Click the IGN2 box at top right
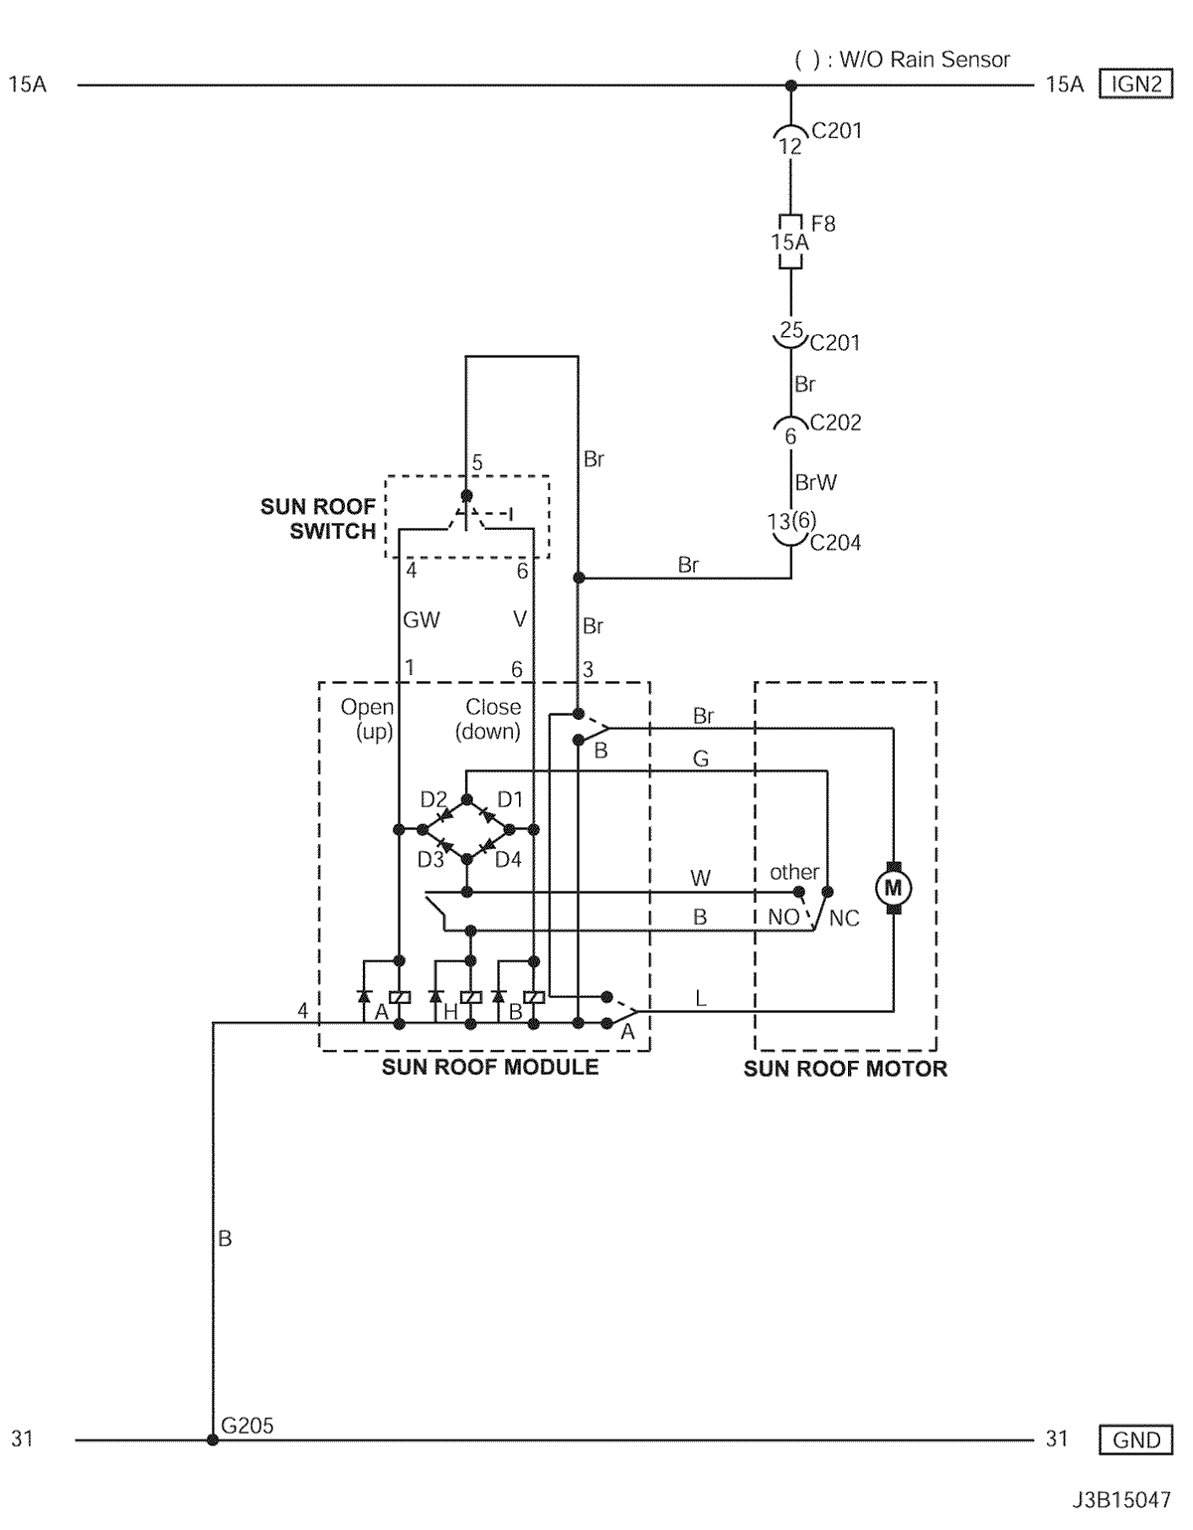click(x=1135, y=85)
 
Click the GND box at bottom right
click(x=1135, y=1440)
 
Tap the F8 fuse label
click(x=823, y=224)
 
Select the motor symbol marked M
click(x=893, y=888)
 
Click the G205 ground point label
click(x=247, y=1425)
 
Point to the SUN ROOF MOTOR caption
click(x=845, y=1069)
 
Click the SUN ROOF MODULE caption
click(x=490, y=1067)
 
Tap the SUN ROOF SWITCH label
click(x=318, y=519)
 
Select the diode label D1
click(x=510, y=799)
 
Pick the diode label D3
click(x=430, y=859)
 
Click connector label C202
click(x=835, y=423)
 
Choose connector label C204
click(x=835, y=543)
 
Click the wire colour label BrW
click(x=816, y=483)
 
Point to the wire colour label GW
click(x=421, y=619)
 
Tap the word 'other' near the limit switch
click(x=794, y=872)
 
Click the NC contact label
click(x=845, y=919)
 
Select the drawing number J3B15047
click(x=1121, y=1500)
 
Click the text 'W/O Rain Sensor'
click(x=925, y=60)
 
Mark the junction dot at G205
click(x=213, y=1440)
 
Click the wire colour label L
click(x=700, y=998)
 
